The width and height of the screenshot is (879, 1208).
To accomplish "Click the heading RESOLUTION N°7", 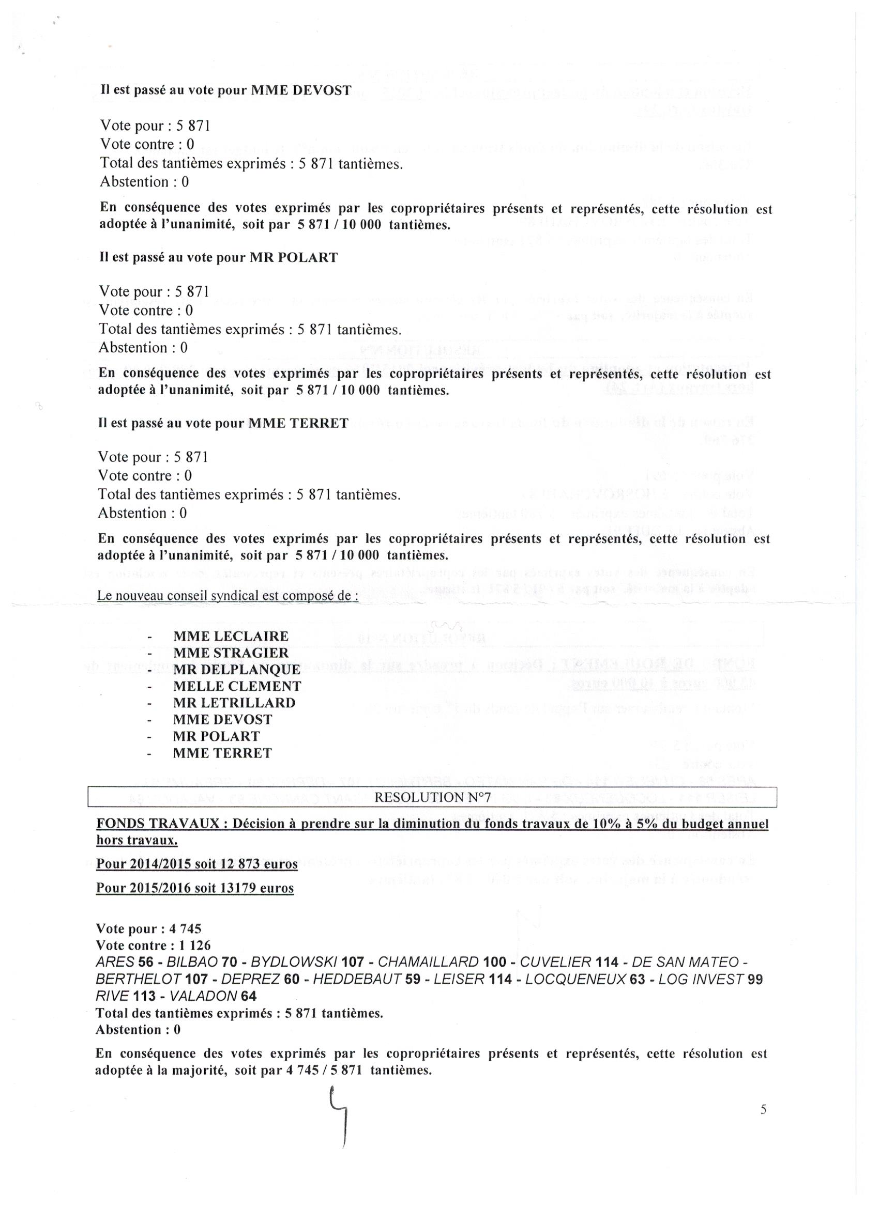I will pyautogui.click(x=432, y=797).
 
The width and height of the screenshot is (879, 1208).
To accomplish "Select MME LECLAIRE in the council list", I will pyautogui.click(x=231, y=637).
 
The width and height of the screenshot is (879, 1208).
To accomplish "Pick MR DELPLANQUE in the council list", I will pyautogui.click(x=237, y=670).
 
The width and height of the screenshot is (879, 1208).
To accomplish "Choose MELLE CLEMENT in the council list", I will pyautogui.click(x=237, y=686).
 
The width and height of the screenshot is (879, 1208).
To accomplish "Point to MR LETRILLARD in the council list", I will pyautogui.click(x=234, y=703).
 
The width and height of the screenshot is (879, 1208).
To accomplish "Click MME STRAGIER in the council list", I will pyautogui.click(x=231, y=653).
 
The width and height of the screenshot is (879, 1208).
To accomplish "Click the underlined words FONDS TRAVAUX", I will pyautogui.click(x=158, y=824).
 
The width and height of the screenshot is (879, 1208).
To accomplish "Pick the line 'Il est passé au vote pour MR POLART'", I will pyautogui.click(x=219, y=258).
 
